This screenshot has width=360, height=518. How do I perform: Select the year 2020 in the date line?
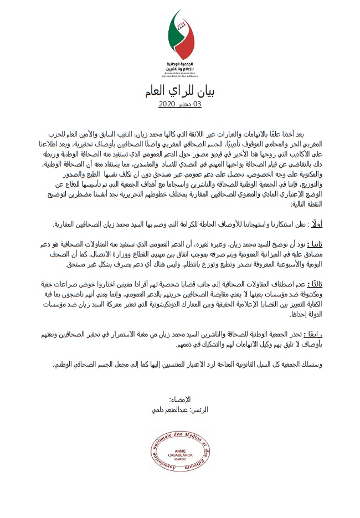pos(167,104)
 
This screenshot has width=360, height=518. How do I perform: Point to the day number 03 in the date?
pos(197,104)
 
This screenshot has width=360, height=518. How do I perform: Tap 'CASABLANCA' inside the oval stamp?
pos(181,455)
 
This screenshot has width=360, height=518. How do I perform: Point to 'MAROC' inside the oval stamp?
pos(181,460)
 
